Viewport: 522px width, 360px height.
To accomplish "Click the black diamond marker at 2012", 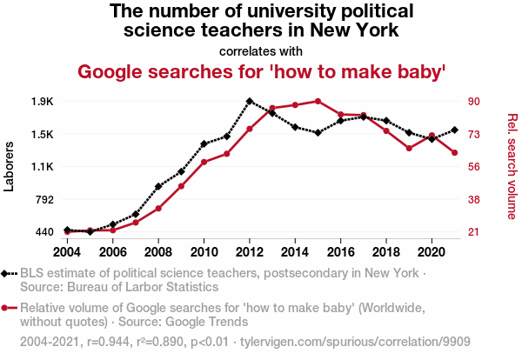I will tap(250, 101).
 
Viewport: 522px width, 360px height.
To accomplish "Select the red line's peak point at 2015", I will tap(318, 101).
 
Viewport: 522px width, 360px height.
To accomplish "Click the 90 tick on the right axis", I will tap(474, 102).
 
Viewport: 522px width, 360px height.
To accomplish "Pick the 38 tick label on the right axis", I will tap(474, 199).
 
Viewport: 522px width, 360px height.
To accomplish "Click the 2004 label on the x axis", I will tap(68, 252).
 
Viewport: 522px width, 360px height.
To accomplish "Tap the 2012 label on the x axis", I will tap(250, 252).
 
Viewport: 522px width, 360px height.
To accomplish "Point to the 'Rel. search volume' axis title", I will tap(512, 167).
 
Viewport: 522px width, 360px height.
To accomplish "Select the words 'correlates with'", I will tap(261, 50).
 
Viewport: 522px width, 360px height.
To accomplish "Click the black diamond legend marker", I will tap(7, 273).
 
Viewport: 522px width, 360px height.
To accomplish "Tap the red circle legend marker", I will tap(7, 308).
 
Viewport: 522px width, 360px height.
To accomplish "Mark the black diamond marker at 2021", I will tap(454, 130).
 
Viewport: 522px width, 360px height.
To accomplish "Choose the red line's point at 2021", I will tap(454, 153).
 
